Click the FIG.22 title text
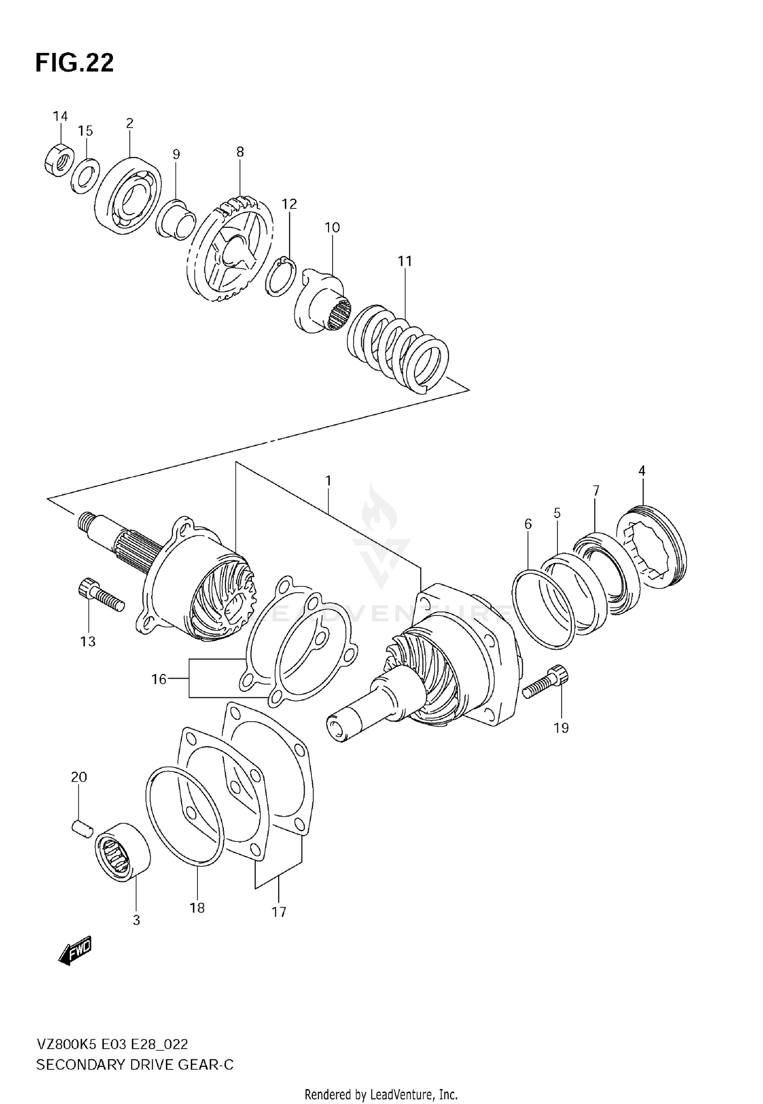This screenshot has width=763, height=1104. (x=74, y=64)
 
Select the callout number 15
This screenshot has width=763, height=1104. (x=85, y=131)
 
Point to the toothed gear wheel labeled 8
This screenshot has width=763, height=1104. (x=229, y=249)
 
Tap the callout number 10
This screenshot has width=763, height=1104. (x=332, y=228)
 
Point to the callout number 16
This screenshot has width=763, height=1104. (x=159, y=679)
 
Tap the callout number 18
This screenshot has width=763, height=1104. (x=197, y=907)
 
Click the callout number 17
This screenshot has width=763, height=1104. (x=279, y=912)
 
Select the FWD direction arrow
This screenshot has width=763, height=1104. (x=75, y=948)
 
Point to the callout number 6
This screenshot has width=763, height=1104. (x=528, y=524)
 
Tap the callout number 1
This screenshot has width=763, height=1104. (x=329, y=480)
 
